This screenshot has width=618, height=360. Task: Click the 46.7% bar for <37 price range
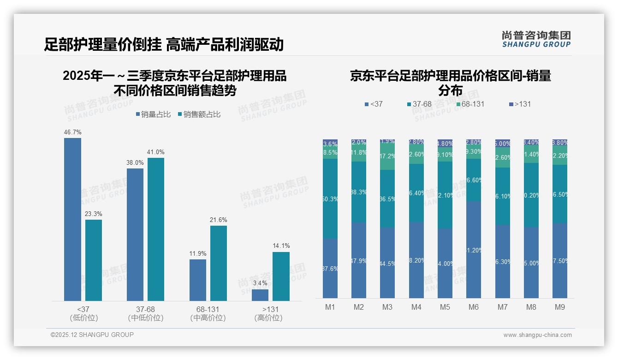tap(72, 219)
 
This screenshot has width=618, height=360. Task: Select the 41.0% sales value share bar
tap(156, 229)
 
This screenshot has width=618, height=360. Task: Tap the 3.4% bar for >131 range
tap(260, 295)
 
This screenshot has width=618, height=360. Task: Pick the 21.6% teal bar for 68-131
tap(219, 263)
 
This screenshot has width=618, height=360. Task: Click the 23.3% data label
tap(94, 214)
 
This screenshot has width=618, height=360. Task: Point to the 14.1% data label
tap(281, 246)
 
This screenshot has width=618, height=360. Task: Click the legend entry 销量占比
tap(153, 114)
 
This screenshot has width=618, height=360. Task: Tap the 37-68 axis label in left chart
tap(146, 309)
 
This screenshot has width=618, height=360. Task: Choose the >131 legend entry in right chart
tap(520, 104)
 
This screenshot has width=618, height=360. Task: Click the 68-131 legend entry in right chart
tap(470, 104)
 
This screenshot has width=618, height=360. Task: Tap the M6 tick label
tap(474, 307)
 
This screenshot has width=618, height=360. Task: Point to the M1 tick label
tap(330, 307)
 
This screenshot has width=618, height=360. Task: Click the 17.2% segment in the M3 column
tap(387, 156)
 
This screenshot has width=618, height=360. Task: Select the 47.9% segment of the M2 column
tap(359, 260)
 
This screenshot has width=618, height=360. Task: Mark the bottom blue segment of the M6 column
tap(474, 250)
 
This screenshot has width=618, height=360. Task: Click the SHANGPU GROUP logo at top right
tap(536, 39)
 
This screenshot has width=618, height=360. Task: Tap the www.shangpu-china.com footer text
tap(537, 335)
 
